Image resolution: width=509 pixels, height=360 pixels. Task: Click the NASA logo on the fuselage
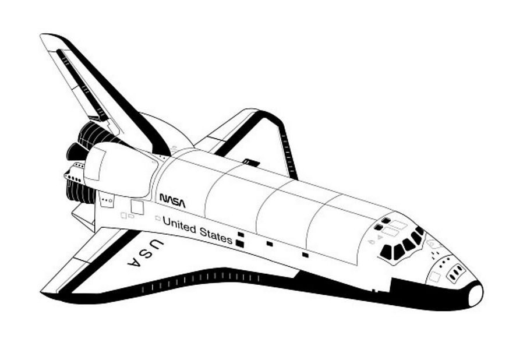[x=172, y=200]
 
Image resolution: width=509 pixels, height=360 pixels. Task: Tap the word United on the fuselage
[x=179, y=224]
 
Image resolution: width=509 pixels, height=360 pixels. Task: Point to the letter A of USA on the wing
[x=135, y=262]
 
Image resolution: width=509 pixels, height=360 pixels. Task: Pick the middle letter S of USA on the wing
[x=146, y=253]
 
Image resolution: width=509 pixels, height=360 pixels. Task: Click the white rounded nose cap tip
[x=475, y=295]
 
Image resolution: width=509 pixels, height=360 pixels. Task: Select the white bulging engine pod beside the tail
[x=121, y=170]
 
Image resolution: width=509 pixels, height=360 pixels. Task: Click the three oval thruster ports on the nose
[x=456, y=271]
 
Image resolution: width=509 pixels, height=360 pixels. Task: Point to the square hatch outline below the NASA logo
[x=137, y=207]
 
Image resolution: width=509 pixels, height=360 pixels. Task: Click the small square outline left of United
[x=158, y=218]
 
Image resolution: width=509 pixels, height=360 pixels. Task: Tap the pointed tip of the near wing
[x=42, y=292]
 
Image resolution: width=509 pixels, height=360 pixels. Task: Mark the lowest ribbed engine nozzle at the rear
[x=80, y=192]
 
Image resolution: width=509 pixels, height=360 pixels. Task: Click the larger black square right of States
[x=239, y=243]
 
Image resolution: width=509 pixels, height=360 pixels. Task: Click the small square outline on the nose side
[x=434, y=277]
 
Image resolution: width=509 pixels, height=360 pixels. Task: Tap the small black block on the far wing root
[x=251, y=163]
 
